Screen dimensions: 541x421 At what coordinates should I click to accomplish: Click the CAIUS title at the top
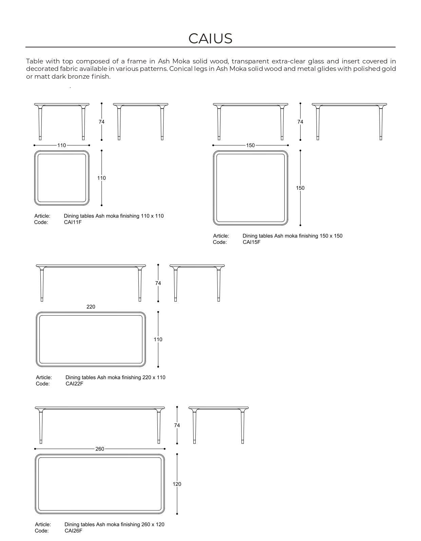[210, 39]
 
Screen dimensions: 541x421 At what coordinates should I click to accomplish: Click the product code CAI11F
[73, 222]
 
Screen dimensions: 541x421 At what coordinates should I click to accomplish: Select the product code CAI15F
[251, 242]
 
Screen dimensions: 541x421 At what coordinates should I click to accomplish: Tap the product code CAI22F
[74, 384]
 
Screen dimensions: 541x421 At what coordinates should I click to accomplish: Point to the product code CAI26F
[73, 531]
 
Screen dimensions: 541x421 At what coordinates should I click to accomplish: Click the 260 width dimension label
[100, 449]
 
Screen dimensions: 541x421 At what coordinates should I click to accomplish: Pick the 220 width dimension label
[91, 307]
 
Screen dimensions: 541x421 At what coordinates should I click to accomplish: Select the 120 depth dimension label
[177, 484]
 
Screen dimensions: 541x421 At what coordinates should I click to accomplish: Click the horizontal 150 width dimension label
[250, 145]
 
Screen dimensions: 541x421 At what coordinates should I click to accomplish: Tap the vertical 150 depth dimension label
[300, 188]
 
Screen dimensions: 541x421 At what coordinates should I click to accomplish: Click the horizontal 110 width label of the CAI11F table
[61, 145]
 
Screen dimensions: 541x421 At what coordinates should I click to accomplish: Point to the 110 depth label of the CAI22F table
[158, 339]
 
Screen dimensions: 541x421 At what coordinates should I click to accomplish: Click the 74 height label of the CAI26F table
[177, 425]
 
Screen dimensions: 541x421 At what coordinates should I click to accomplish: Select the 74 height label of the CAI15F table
[300, 122]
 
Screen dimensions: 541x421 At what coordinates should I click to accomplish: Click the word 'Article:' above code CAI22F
[44, 377]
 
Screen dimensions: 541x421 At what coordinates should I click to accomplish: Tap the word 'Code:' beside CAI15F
[219, 242]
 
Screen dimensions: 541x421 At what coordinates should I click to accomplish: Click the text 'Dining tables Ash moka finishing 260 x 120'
[114, 524]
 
